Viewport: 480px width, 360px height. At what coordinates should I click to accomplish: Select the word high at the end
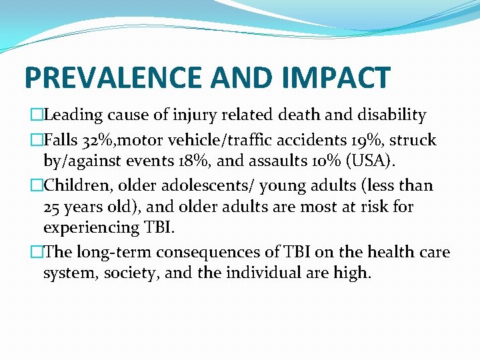pos(352,273)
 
